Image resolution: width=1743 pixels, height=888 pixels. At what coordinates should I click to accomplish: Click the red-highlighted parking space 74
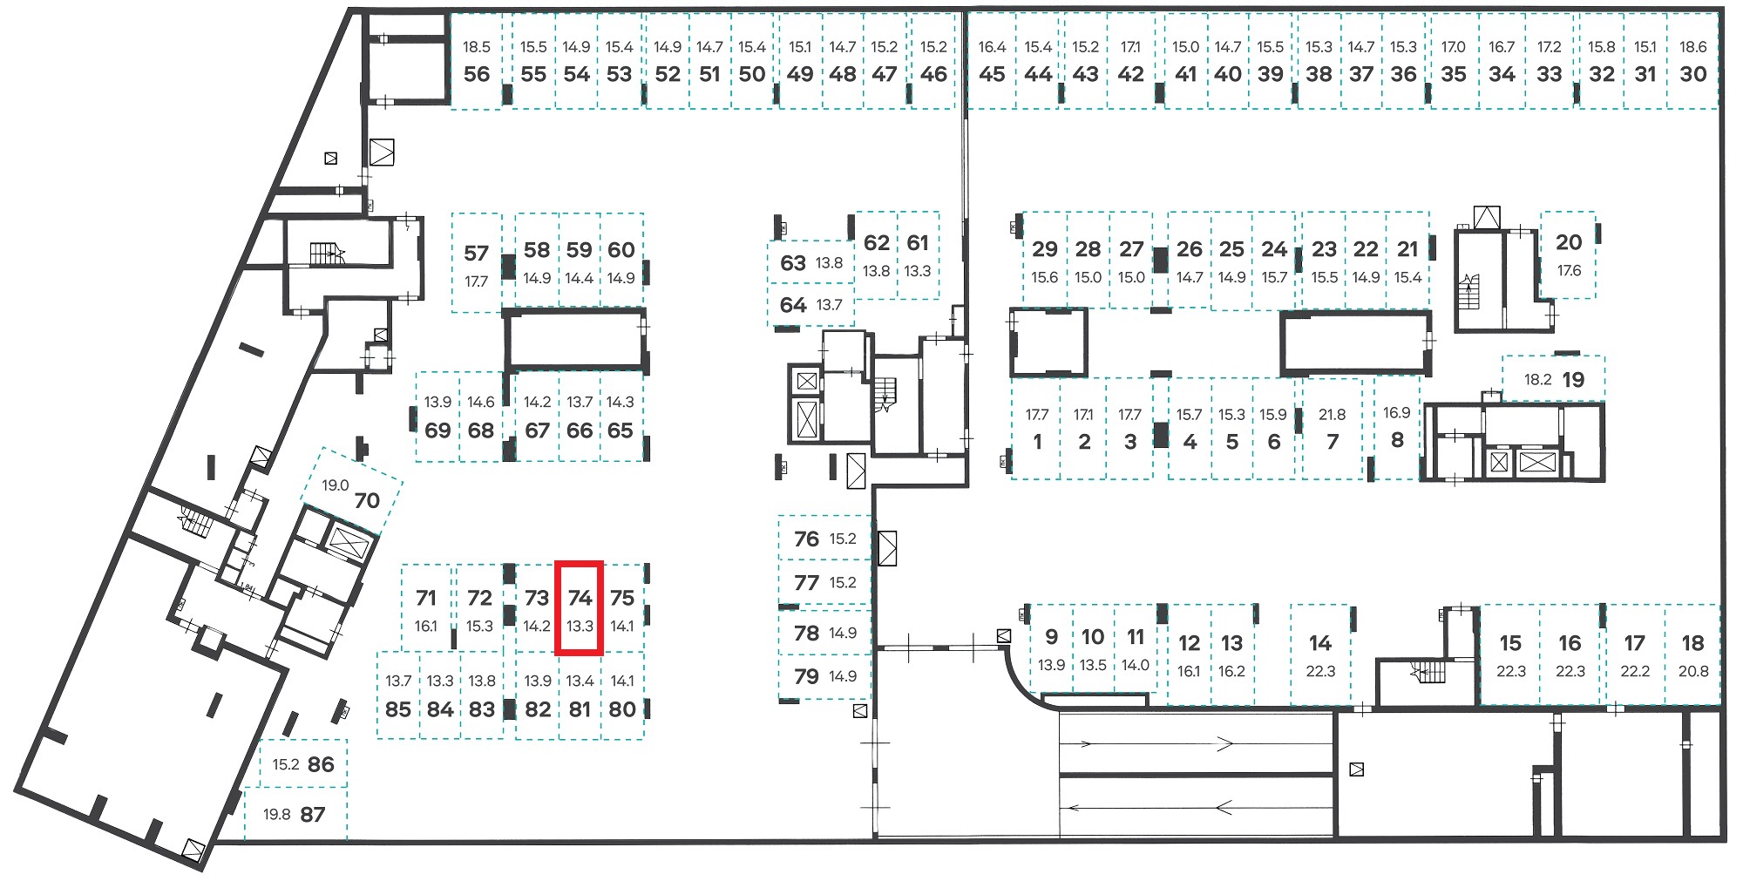coord(580,607)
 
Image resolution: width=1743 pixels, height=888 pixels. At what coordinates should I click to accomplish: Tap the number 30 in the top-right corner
coord(1692,74)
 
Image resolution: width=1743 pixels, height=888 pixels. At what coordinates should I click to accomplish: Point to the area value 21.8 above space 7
coord(1332,415)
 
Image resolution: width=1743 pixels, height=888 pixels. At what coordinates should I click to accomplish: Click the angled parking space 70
coord(351,492)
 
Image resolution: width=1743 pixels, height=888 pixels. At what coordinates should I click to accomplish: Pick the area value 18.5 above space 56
coord(477,47)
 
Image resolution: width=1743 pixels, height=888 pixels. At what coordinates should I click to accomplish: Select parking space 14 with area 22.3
coord(1320,654)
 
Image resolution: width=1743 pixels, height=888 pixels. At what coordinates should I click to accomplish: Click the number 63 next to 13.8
coord(793,263)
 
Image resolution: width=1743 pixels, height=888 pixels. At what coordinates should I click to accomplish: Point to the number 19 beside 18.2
coord(1573,380)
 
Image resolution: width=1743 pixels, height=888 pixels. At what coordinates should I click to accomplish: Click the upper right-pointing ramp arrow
coord(1156,743)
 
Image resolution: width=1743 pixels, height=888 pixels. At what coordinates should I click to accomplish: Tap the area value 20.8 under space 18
coord(1692,671)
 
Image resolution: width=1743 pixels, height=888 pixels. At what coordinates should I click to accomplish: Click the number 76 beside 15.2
coord(806,539)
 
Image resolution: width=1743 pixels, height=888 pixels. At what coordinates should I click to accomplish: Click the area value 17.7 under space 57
coord(476,281)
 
